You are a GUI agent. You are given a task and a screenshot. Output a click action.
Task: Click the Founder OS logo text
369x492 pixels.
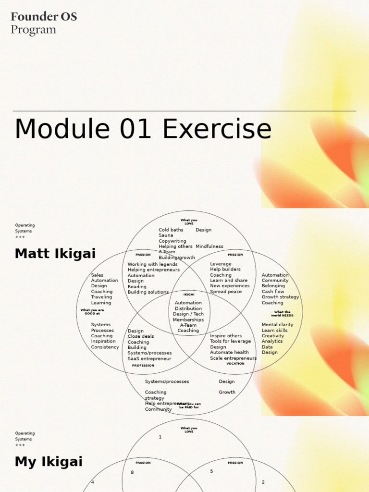pyautogui.click(x=44, y=17)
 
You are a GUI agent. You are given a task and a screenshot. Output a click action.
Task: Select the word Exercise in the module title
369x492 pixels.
pyautogui.click(x=217, y=129)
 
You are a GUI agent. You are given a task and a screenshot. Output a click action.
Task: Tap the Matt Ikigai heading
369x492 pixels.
pyautogui.click(x=55, y=254)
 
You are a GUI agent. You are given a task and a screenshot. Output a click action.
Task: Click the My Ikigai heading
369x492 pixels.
pyautogui.click(x=49, y=462)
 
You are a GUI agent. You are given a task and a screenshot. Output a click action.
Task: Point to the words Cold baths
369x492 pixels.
pyautogui.click(x=171, y=230)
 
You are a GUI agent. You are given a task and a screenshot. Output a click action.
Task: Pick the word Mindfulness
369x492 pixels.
pyautogui.click(x=209, y=246)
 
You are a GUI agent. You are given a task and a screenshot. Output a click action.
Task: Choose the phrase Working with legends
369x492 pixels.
pyautogui.click(x=152, y=264)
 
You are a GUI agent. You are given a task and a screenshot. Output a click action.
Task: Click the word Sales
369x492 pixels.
pyautogui.click(x=97, y=275)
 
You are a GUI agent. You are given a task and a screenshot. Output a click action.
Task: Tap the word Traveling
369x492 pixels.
pyautogui.click(x=101, y=297)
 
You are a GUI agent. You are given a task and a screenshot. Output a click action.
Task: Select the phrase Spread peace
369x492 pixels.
pyautogui.click(x=226, y=292)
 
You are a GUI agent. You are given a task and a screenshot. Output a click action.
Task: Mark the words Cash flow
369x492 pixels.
pyautogui.click(x=272, y=292)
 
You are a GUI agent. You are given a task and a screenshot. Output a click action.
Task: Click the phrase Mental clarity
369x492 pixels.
pyautogui.click(x=277, y=325)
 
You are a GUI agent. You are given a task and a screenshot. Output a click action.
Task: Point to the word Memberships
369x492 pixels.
pyautogui.click(x=188, y=320)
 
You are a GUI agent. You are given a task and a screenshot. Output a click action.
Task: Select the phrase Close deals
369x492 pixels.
pyautogui.click(x=141, y=336)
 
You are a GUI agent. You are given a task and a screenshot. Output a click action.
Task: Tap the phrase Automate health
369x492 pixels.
pyautogui.click(x=229, y=353)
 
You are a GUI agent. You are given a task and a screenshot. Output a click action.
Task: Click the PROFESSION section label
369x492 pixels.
pyautogui.click(x=143, y=366)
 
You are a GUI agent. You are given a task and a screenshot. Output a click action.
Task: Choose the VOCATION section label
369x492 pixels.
pyautogui.click(x=235, y=364)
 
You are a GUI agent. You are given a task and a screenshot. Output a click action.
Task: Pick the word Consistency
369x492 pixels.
pyautogui.click(x=105, y=347)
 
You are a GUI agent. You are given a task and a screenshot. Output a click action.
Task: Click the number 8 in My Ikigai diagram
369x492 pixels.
pyautogui.click(x=132, y=473)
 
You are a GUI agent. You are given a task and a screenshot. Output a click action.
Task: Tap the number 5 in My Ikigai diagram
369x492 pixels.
pyautogui.click(x=211, y=472)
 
